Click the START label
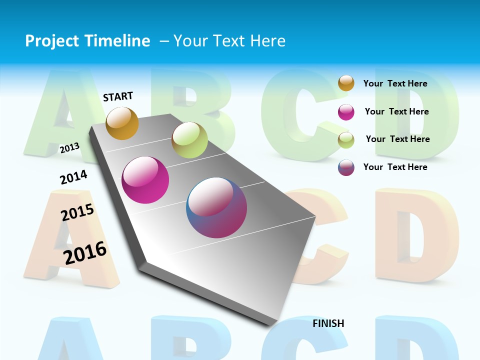118,96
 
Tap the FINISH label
328,323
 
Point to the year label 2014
73,177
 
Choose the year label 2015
77,212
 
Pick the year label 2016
85,252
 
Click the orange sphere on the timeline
122,123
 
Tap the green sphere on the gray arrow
189,140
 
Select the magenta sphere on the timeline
145,180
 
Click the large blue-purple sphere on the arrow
216,207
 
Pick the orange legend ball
346,83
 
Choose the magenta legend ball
346,112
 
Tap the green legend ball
346,140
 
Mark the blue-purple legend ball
346,167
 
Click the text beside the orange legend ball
395,83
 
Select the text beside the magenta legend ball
396,111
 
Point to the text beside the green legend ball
397,139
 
